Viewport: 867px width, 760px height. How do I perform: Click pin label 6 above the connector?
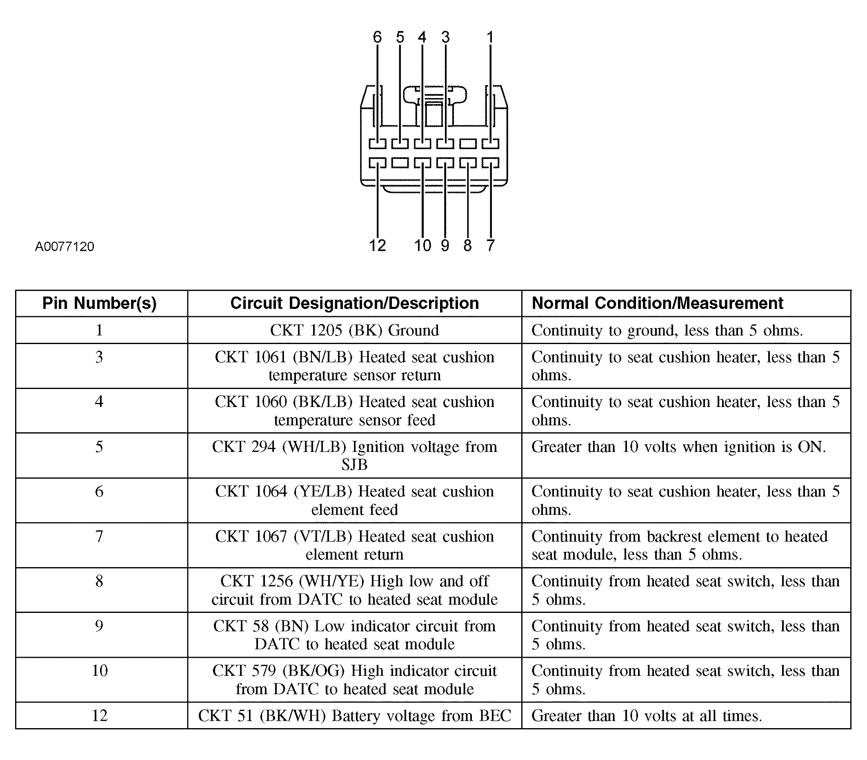click(x=377, y=37)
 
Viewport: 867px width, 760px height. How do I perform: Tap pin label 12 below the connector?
click(x=377, y=246)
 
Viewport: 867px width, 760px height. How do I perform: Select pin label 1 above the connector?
click(x=490, y=37)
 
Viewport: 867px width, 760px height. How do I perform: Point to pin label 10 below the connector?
click(x=422, y=246)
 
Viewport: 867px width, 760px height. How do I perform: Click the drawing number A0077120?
click(x=64, y=246)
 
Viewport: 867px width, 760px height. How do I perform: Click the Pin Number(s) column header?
click(x=100, y=303)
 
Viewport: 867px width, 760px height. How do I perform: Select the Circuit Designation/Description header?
click(x=355, y=303)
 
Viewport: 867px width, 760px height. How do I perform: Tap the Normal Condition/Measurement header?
click(x=657, y=303)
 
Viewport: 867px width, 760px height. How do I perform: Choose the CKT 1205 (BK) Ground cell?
click(x=355, y=330)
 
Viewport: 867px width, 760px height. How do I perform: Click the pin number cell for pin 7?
click(x=100, y=545)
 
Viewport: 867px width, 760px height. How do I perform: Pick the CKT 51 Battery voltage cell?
click(x=355, y=715)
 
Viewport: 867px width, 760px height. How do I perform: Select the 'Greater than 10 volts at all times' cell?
click(x=686, y=715)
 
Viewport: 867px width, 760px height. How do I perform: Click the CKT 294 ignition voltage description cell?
click(x=355, y=456)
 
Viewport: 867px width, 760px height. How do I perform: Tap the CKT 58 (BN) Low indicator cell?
click(x=355, y=635)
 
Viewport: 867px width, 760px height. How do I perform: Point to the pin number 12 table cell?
click(x=100, y=715)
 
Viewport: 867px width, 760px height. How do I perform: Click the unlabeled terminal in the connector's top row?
click(x=468, y=144)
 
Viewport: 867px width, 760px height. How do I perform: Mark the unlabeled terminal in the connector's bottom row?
click(x=400, y=163)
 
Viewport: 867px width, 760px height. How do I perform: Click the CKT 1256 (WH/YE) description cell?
click(x=355, y=590)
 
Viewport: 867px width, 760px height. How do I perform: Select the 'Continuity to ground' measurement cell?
click(x=686, y=330)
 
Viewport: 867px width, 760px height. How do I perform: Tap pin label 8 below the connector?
click(x=467, y=246)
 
